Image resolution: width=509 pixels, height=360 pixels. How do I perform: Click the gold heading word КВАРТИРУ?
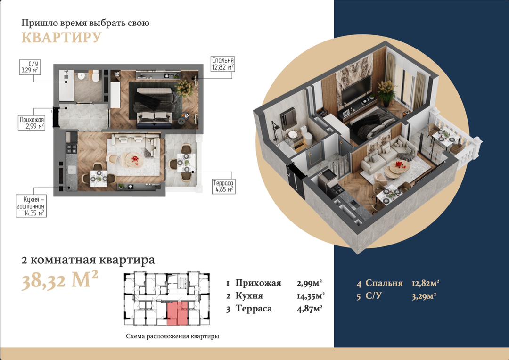pyautogui.click(x=61, y=37)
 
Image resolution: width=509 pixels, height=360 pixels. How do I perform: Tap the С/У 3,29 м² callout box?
pyautogui.click(x=30, y=67)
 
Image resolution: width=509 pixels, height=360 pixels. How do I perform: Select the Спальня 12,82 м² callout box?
pyautogui.click(x=222, y=64)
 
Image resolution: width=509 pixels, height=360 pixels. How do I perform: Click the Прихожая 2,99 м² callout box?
pyautogui.click(x=32, y=123)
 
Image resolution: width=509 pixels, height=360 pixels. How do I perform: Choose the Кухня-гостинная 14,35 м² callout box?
pyautogui.click(x=31, y=206)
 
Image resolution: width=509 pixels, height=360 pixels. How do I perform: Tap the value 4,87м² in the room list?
pyautogui.click(x=310, y=309)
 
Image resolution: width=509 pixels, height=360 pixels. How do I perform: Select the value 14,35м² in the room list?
pyautogui.click(x=311, y=296)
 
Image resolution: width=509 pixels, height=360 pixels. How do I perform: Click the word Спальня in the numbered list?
pyautogui.click(x=384, y=283)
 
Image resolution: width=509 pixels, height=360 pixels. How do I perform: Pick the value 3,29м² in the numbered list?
pyautogui.click(x=424, y=296)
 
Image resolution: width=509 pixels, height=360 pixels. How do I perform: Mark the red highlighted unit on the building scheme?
pyautogui.click(x=177, y=313)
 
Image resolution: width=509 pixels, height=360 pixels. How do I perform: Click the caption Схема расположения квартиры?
pyautogui.click(x=172, y=336)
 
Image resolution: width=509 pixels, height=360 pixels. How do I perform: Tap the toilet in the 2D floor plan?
pyautogui.click(x=95, y=76)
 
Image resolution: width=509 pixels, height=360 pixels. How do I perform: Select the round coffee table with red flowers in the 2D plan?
pyautogui.click(x=134, y=159)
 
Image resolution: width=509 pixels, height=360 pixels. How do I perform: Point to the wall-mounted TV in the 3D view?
pyautogui.click(x=356, y=89)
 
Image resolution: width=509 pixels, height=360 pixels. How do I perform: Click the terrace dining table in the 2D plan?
pyautogui.click(x=186, y=163)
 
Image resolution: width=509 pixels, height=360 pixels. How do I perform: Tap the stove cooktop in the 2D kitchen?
pyautogui.click(x=72, y=149)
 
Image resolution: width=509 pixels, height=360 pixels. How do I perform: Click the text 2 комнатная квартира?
pyautogui.click(x=88, y=260)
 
